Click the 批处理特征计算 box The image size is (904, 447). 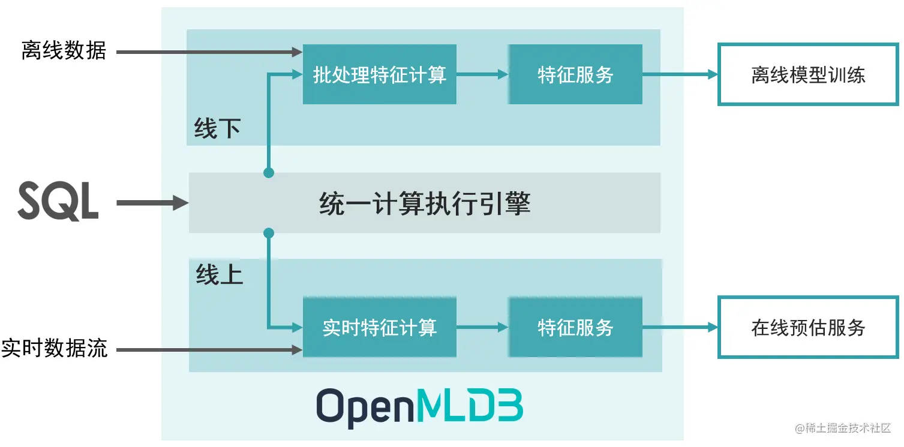(379, 74)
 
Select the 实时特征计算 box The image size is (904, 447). (379, 327)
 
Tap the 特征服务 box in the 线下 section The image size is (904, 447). (575, 74)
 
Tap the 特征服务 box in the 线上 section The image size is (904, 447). (575, 327)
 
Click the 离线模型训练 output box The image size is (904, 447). (807, 74)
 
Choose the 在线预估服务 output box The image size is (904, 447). (807, 327)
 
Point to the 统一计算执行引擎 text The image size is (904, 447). (425, 204)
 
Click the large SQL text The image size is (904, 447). (58, 203)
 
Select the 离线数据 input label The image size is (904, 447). (64, 51)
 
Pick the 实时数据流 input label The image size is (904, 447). (55, 348)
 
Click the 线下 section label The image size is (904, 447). (217, 128)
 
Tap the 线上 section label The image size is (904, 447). (219, 274)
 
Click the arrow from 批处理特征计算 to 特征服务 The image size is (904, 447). (482, 74)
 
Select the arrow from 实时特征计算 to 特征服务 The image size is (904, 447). (482, 327)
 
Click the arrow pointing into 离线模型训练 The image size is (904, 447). (680, 74)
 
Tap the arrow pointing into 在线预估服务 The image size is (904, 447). (680, 327)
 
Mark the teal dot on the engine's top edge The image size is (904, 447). (269, 173)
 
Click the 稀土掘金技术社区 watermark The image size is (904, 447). (843, 428)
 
